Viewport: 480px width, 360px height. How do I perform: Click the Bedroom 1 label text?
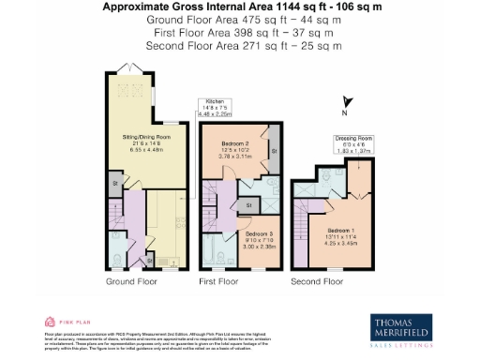(x=341, y=232)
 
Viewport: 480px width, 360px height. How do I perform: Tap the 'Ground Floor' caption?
(x=130, y=281)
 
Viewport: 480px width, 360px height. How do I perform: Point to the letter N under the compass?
(x=344, y=113)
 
